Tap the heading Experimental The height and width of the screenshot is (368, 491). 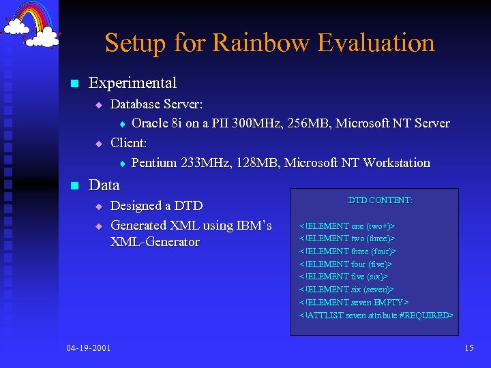coord(132,83)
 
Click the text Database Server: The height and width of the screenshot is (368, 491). coord(156,104)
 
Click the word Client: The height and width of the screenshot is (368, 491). coord(128,143)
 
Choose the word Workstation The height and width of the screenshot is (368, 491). coord(397,163)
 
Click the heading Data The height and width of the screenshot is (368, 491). coord(104,185)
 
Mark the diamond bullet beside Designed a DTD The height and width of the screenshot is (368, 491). coord(98,206)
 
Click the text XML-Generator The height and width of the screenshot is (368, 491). coord(155,242)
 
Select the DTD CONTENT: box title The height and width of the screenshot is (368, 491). coord(380,200)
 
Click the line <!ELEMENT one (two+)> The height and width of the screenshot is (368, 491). coord(346,226)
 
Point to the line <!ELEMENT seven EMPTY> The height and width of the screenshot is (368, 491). coord(353,302)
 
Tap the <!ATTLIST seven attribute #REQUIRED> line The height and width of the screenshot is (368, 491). coord(376,315)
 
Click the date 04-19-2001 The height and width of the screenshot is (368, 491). coord(89,348)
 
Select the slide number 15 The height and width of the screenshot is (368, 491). coord(468,348)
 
